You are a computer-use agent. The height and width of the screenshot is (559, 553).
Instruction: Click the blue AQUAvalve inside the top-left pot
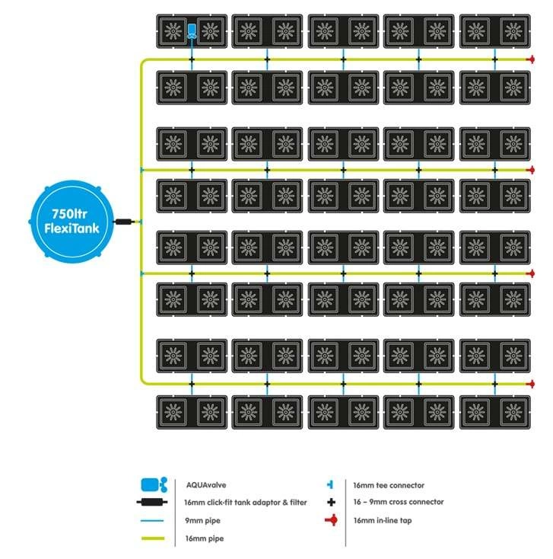192,31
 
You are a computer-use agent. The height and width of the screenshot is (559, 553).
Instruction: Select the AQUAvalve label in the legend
206,484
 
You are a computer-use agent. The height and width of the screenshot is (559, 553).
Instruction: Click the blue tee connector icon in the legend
330,484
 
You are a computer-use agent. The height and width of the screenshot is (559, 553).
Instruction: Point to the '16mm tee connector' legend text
389,484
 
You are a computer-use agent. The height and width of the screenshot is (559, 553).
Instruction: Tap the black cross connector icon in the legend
330,503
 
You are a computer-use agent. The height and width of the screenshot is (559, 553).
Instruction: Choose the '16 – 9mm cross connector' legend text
399,503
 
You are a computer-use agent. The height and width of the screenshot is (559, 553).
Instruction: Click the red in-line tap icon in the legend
330,521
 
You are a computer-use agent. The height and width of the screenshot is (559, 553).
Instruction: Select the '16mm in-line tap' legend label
384,521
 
